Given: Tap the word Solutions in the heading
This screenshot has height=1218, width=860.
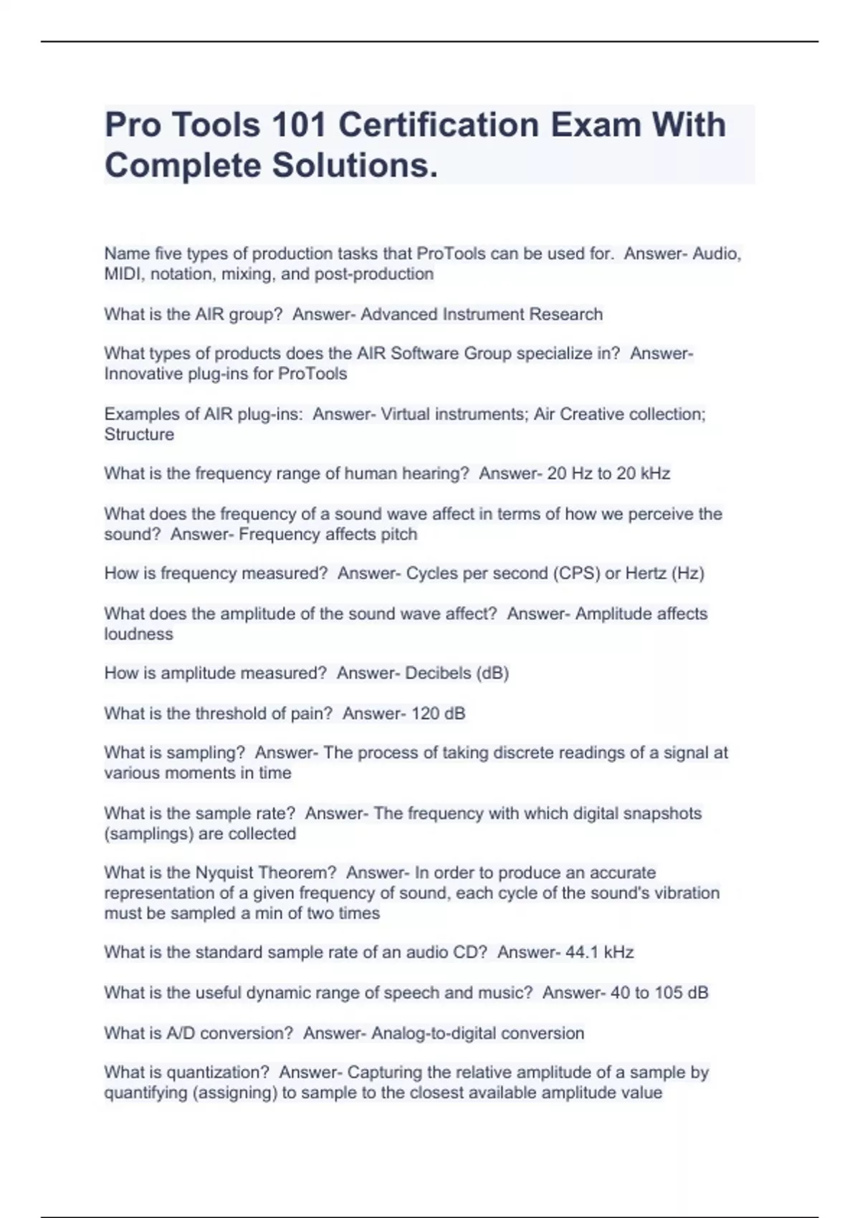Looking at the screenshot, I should click(x=354, y=166).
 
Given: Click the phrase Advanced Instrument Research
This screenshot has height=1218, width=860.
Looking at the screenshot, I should click(x=481, y=315).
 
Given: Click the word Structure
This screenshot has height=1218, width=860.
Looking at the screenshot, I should click(x=139, y=435).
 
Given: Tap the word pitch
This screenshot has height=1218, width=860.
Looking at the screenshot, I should click(x=399, y=534).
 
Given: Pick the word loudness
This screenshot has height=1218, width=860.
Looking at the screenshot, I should click(x=138, y=634).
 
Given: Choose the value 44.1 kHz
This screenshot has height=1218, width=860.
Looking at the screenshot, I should click(x=599, y=952).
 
